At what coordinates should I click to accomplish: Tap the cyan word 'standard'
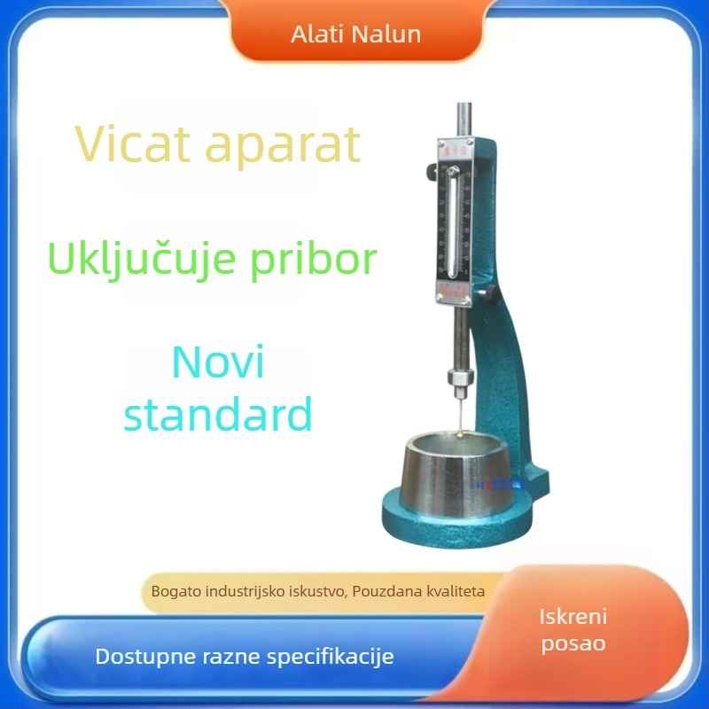coord(218,414)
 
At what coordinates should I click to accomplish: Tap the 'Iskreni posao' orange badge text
coord(573,630)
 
